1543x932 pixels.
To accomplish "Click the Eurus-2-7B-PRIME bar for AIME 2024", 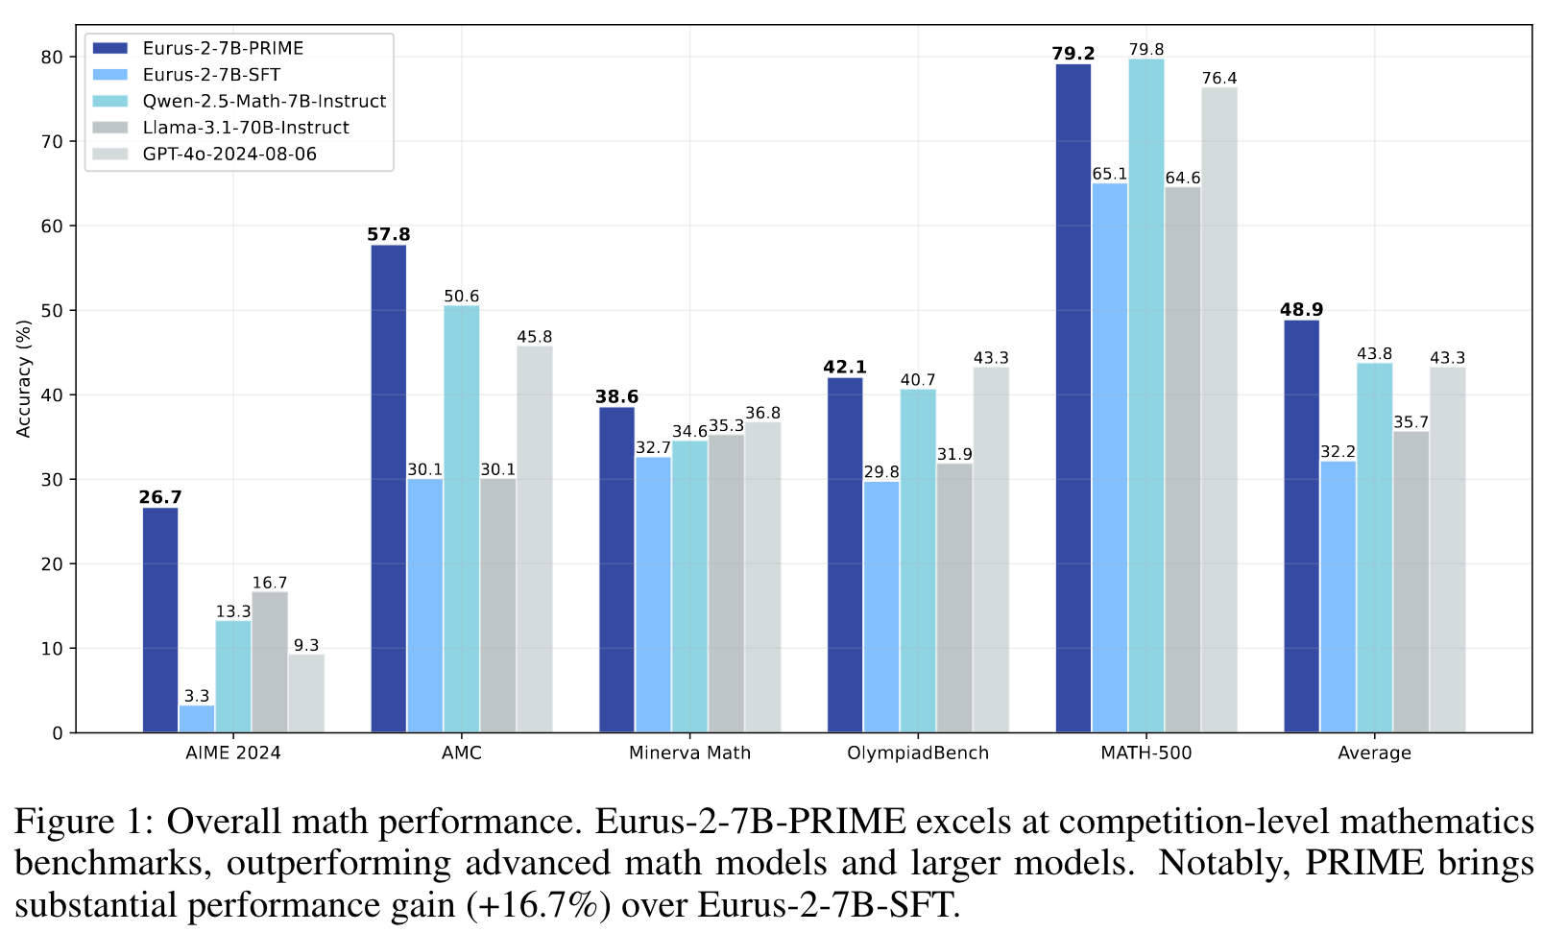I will point(160,620).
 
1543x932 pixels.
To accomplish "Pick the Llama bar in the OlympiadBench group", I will point(954,598).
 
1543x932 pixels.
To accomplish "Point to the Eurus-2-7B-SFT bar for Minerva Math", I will point(654,594).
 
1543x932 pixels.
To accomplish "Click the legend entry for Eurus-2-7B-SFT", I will point(211,75).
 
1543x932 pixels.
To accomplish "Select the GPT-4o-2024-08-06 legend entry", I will point(229,155).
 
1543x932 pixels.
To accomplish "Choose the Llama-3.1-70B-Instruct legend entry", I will point(246,128).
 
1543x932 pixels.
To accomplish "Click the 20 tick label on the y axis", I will point(53,564).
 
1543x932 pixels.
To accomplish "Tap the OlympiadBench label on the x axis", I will point(918,753).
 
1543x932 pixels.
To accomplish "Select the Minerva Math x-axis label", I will point(689,753).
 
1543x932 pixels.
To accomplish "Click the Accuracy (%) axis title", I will point(24,378).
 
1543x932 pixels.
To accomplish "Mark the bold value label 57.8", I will point(388,235).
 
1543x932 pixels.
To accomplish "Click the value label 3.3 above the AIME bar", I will point(197,696).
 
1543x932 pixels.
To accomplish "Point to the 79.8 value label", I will point(1146,49).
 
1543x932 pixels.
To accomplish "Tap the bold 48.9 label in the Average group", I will point(1301,310).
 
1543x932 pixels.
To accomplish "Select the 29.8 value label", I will point(881,472).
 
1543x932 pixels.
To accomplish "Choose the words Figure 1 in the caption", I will point(77,823).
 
